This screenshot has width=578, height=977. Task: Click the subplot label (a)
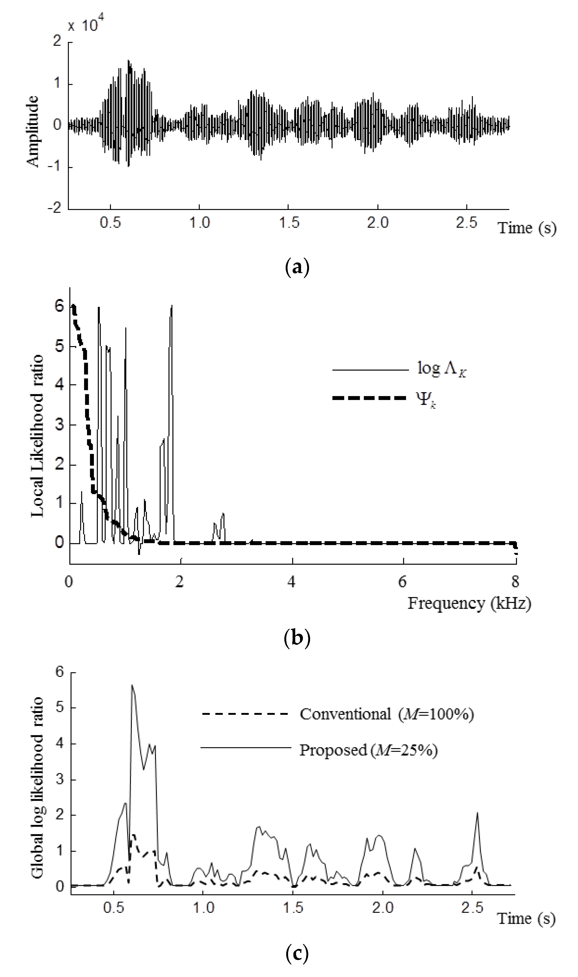pos(297,268)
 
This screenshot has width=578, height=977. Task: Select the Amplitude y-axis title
pos(33,132)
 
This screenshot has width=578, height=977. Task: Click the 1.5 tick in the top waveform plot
pos(289,223)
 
